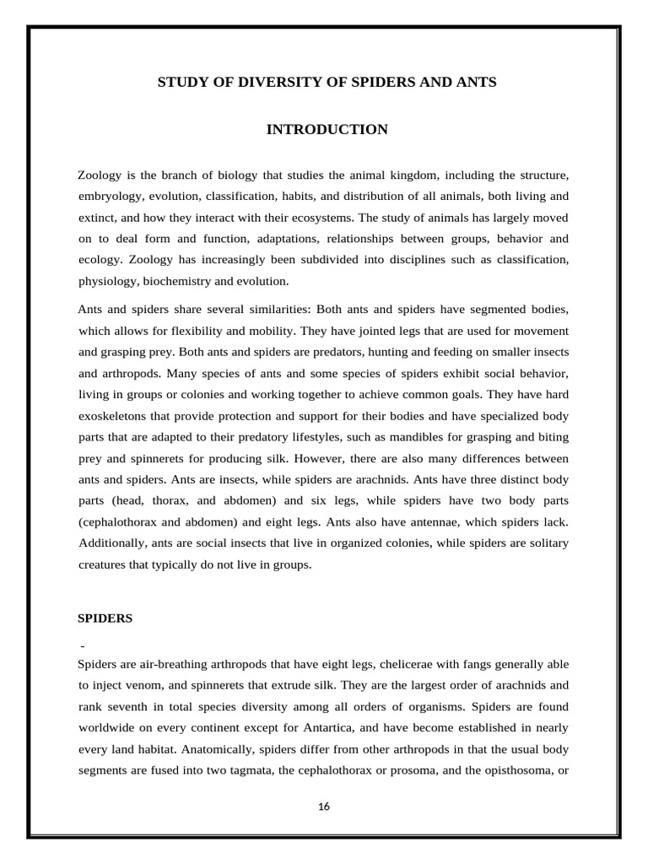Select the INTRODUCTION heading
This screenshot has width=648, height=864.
327,129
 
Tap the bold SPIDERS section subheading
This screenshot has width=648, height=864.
105,618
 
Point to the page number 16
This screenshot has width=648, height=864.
324,807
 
